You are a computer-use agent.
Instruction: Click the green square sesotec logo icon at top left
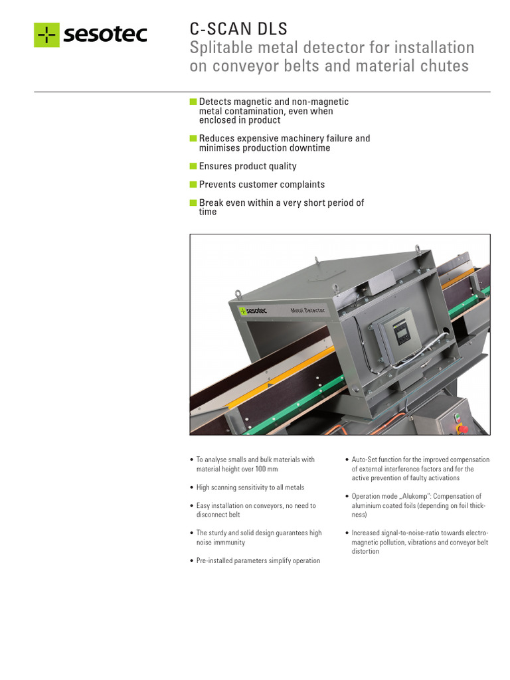(47, 35)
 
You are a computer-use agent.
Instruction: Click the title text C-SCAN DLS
(238, 29)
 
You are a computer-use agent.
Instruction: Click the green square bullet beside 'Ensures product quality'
(193, 165)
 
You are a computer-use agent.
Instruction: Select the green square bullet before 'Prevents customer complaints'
(193, 185)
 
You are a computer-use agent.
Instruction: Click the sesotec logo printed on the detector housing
(253, 311)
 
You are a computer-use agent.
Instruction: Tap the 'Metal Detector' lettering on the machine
(307, 310)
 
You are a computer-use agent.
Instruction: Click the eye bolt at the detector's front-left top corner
(238, 294)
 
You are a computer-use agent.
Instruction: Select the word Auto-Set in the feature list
(364, 460)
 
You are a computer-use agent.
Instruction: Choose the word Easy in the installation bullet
(203, 505)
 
